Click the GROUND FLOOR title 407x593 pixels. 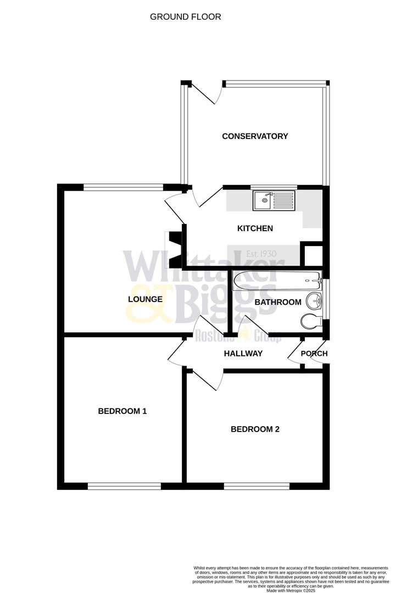[186, 17]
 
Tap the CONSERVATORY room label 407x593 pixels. [255, 136]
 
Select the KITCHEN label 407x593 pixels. [255, 228]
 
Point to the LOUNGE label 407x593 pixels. [145, 299]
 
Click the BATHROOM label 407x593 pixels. [278, 302]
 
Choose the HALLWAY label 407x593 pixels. [243, 354]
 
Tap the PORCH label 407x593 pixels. [314, 354]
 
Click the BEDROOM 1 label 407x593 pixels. [122, 411]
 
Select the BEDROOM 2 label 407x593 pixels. [255, 429]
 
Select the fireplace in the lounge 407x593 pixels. [175, 248]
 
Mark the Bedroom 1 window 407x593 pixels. [124, 485]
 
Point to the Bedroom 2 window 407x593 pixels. [257, 485]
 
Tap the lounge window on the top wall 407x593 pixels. [124, 187]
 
